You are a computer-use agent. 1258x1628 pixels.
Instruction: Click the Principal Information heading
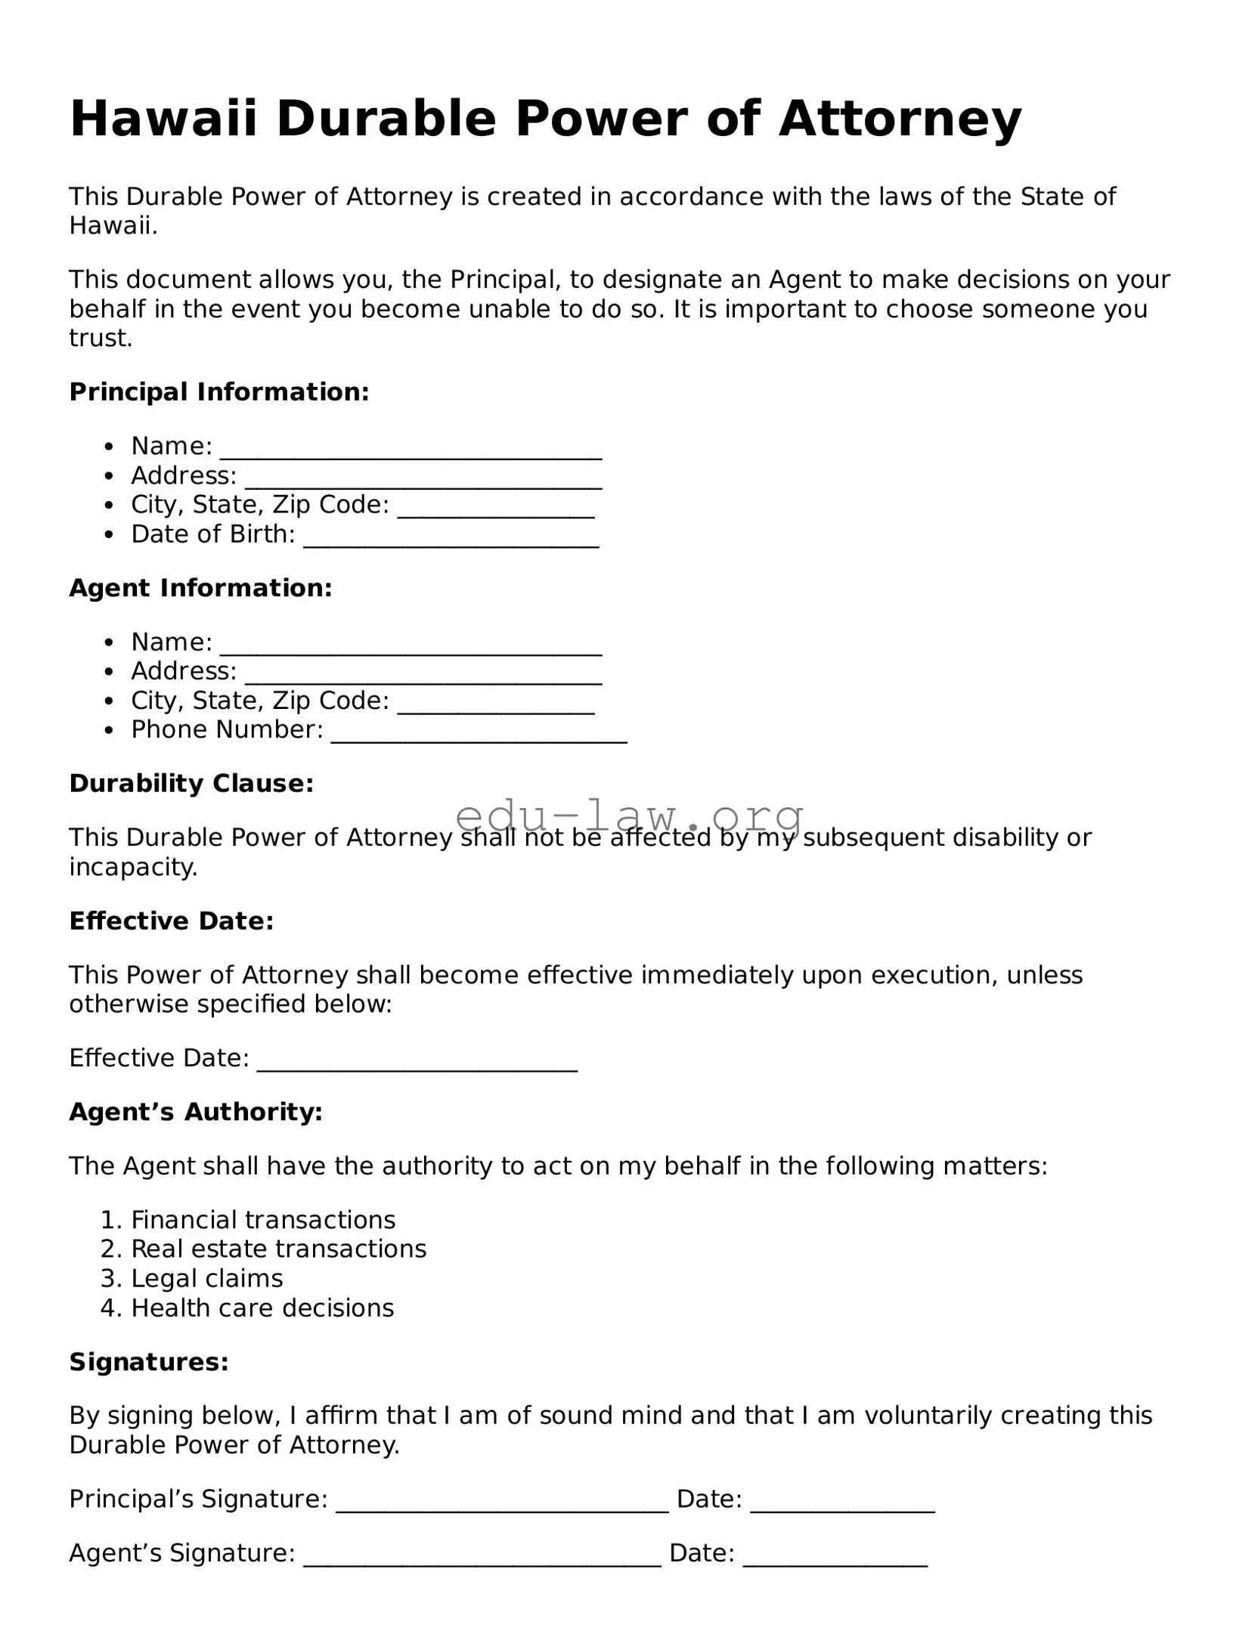point(218,392)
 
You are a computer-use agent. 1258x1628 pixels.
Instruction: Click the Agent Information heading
point(200,587)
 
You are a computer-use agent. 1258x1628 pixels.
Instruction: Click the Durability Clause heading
point(191,783)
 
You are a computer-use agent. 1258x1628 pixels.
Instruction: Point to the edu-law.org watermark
point(629,816)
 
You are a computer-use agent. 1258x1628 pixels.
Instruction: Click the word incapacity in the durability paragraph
point(132,867)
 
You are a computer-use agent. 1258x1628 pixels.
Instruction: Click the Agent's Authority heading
point(196,1112)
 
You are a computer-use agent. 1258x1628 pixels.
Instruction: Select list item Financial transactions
point(263,1220)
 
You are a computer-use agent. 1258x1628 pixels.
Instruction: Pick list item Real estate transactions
point(278,1249)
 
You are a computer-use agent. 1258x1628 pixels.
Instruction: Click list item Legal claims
point(207,1278)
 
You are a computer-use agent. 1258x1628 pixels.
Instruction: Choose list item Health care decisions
point(262,1308)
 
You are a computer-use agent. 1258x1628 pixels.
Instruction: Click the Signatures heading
point(149,1362)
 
